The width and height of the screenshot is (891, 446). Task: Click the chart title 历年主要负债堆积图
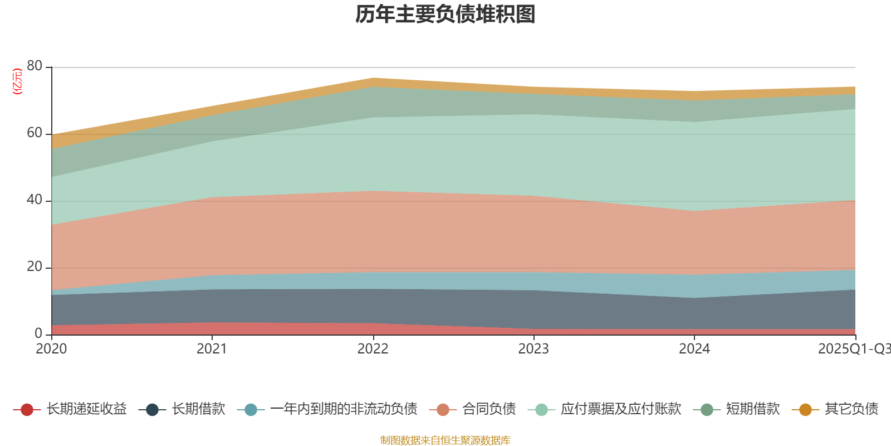pos(445,14)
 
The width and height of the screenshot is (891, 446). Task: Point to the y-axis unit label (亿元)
pos(18,81)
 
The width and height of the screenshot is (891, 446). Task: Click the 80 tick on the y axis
pos(35,66)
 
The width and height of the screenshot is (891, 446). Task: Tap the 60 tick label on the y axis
pos(35,133)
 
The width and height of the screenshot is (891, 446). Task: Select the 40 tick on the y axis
pos(35,200)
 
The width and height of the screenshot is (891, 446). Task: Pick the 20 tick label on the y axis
pos(35,266)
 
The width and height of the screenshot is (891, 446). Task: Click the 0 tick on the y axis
pos(38,333)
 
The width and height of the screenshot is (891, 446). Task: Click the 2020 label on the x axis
pos(51,348)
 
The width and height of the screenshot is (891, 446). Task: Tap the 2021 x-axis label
pos(212,348)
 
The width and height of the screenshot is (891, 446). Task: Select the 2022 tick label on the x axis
pos(373,348)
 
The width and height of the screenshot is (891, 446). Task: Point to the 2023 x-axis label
pos(533,348)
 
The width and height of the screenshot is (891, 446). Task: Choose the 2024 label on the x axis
pos(694,348)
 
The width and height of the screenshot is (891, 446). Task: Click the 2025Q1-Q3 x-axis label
pos(853,348)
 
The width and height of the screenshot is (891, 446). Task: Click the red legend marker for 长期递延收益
pos(27,410)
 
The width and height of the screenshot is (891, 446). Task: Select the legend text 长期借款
pos(198,409)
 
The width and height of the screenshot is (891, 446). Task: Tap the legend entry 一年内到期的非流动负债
pos(344,409)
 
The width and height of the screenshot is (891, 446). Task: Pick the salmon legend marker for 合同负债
pos(443,410)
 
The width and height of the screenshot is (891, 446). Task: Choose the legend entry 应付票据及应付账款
pos(621,409)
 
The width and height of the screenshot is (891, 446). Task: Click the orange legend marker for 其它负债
pos(805,410)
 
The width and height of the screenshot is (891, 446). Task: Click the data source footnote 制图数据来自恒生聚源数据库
pos(445,440)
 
